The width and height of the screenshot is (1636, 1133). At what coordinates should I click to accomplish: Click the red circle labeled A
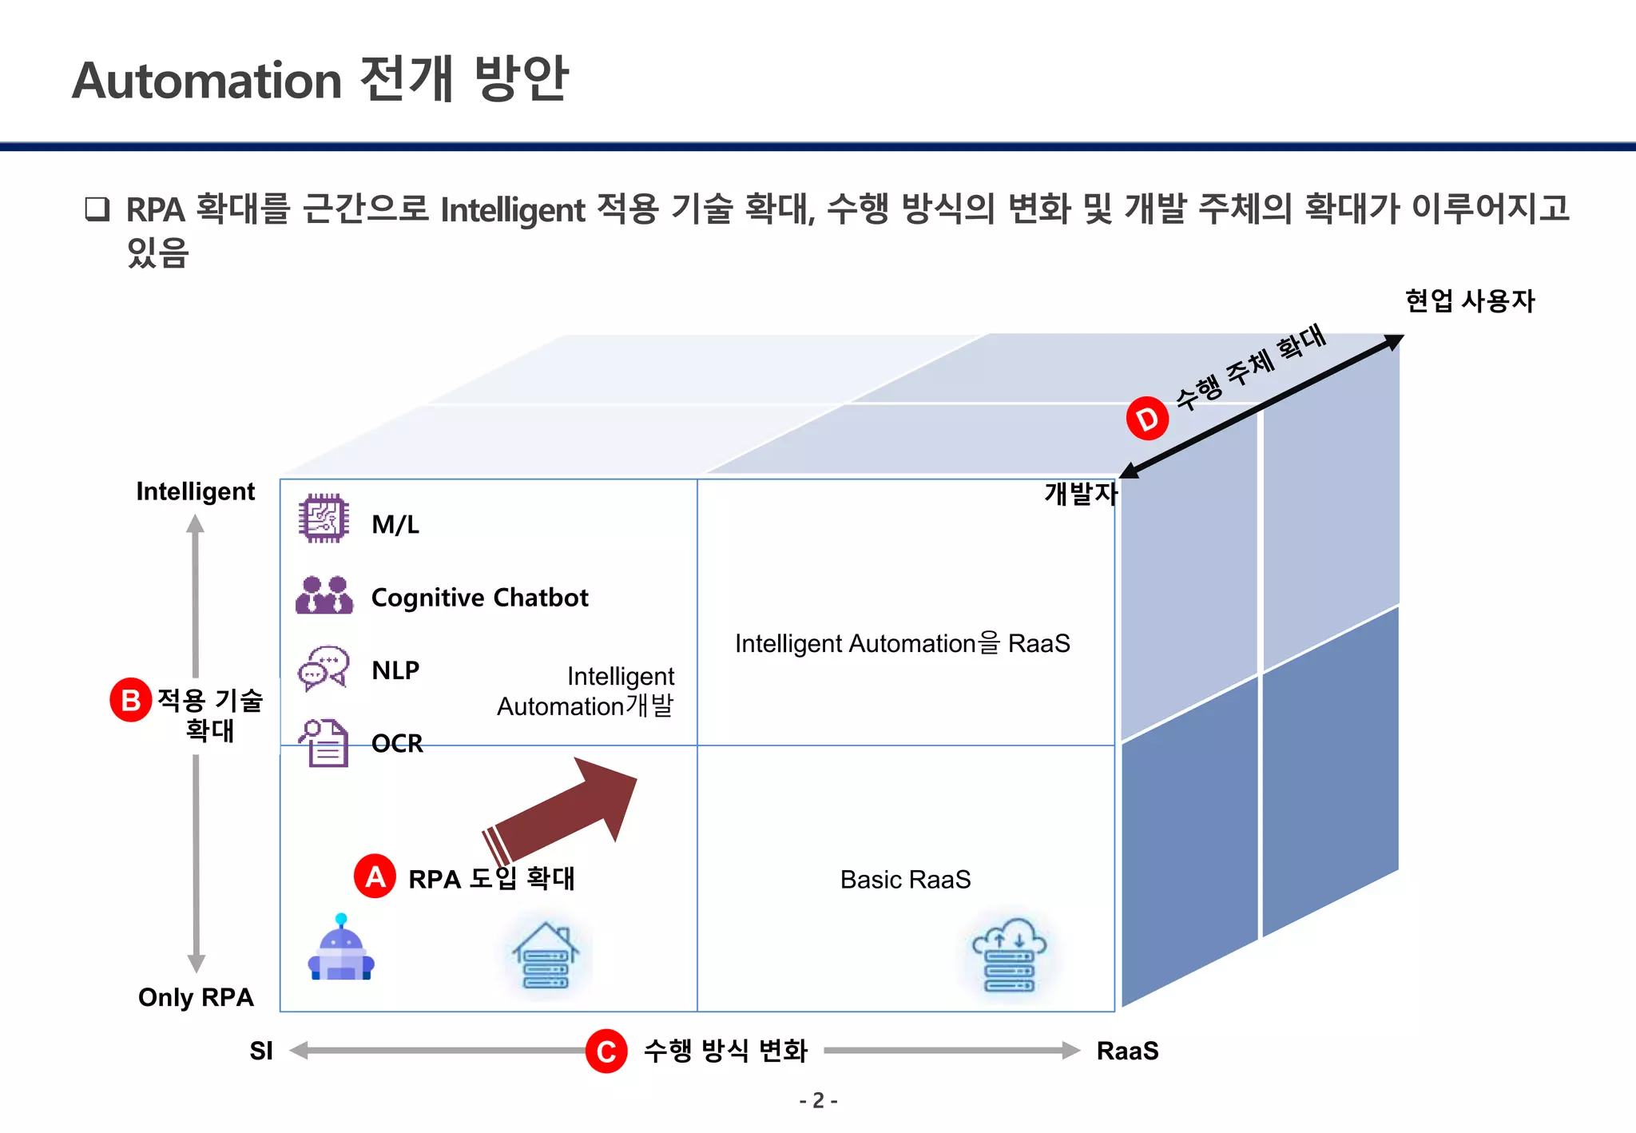click(x=375, y=877)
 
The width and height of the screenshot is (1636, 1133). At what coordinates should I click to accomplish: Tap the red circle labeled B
click(x=130, y=700)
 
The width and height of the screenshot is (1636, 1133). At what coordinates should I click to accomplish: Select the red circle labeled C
click(x=606, y=1051)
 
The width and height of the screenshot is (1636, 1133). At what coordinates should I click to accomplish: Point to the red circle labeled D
click(x=1147, y=418)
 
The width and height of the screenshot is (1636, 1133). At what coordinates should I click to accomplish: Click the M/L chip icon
click(x=324, y=519)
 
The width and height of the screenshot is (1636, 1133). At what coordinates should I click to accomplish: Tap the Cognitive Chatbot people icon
click(x=324, y=595)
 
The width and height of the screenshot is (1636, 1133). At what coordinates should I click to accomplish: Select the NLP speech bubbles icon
click(x=324, y=668)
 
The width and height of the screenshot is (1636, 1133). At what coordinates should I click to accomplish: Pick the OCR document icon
click(x=324, y=742)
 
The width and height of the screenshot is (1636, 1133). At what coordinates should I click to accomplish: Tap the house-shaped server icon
click(x=546, y=956)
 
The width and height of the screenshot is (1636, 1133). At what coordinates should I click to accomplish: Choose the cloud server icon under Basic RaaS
click(x=1009, y=955)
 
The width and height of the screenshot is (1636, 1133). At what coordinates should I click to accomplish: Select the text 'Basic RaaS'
click(x=905, y=880)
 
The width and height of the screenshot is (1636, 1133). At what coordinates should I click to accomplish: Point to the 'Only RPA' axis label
click(x=196, y=997)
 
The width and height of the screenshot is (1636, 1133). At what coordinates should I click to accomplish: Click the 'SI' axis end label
click(x=261, y=1051)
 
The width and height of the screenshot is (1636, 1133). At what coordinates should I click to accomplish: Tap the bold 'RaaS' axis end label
click(x=1127, y=1051)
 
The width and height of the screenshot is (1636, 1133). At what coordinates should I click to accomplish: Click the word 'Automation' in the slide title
click(x=208, y=81)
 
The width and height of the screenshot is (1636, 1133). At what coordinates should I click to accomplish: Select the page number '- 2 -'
click(x=818, y=1101)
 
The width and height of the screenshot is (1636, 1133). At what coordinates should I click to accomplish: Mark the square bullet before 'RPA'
click(x=97, y=209)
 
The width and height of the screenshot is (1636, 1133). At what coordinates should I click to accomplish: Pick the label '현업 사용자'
click(x=1470, y=300)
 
